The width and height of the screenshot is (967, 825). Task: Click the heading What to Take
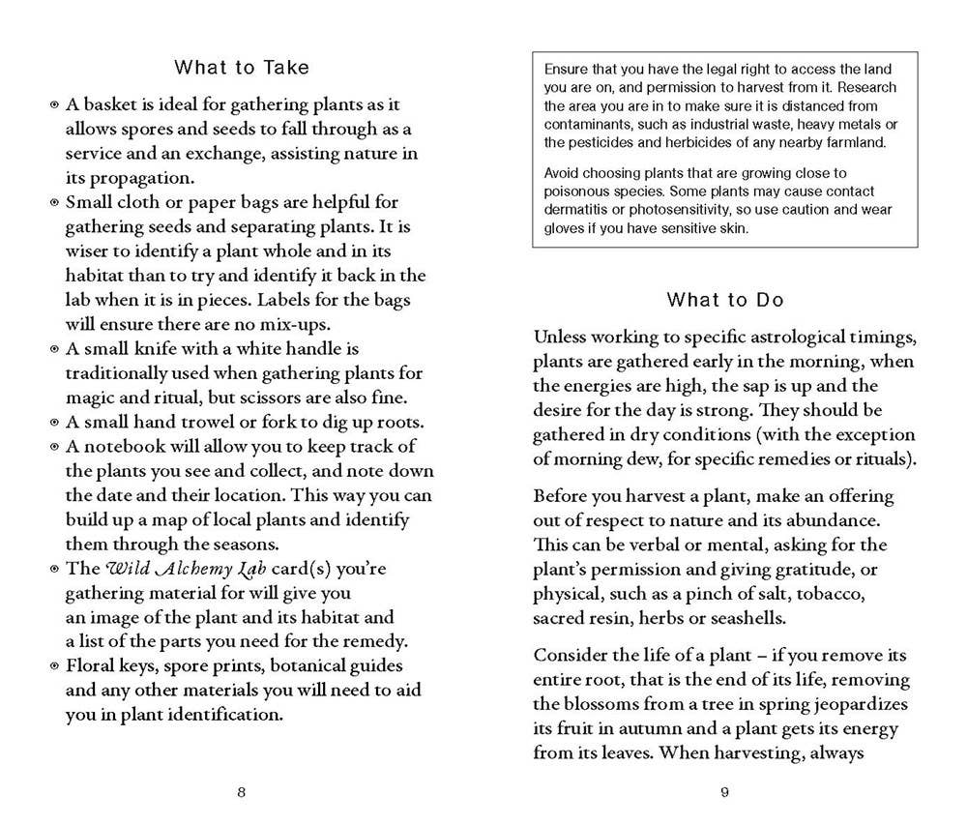242,68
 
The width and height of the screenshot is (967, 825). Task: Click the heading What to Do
724,300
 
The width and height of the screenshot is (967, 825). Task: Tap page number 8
242,793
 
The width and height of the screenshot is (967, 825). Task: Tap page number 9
724,793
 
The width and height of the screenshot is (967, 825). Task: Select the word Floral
90,666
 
